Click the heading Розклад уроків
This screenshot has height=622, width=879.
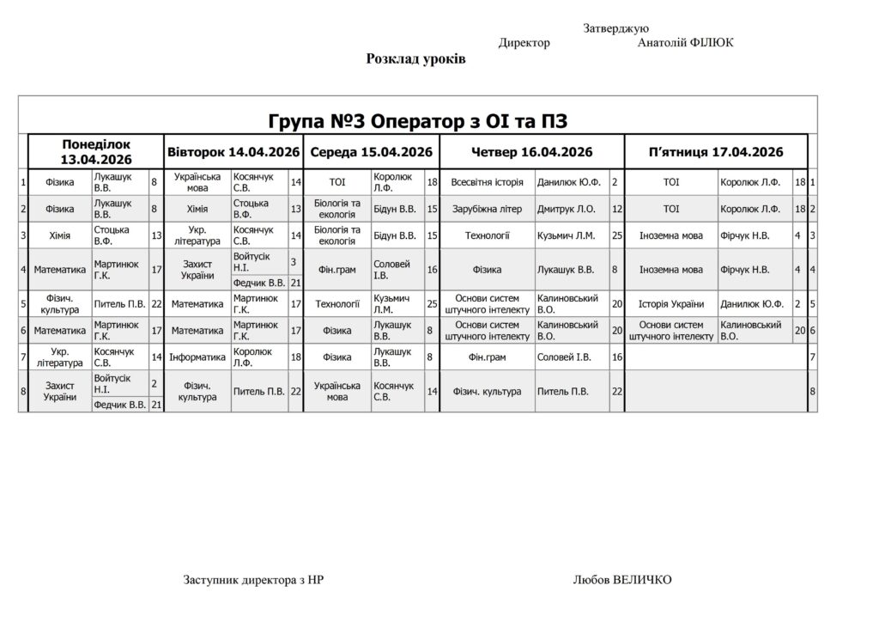click(415, 59)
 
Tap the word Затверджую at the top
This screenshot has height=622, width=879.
click(615, 28)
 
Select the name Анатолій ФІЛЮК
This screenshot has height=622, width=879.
click(685, 43)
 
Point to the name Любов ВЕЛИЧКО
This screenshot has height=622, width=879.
click(622, 580)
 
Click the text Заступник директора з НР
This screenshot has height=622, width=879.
click(254, 580)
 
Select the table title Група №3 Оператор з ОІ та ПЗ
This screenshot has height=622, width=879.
click(418, 119)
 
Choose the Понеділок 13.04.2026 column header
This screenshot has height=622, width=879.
click(95, 152)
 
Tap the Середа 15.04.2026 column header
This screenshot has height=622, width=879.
click(371, 152)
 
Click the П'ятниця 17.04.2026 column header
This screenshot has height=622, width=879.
click(716, 152)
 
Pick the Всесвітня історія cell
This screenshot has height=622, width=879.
click(487, 182)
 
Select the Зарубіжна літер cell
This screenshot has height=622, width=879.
click(487, 209)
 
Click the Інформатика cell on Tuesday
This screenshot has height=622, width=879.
click(197, 356)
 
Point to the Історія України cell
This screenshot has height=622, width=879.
click(670, 303)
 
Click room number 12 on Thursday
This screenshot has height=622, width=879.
click(616, 209)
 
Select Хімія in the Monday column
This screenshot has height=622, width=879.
click(59, 235)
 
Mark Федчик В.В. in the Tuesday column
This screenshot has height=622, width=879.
click(259, 282)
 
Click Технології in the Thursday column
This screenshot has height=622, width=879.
click(487, 235)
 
